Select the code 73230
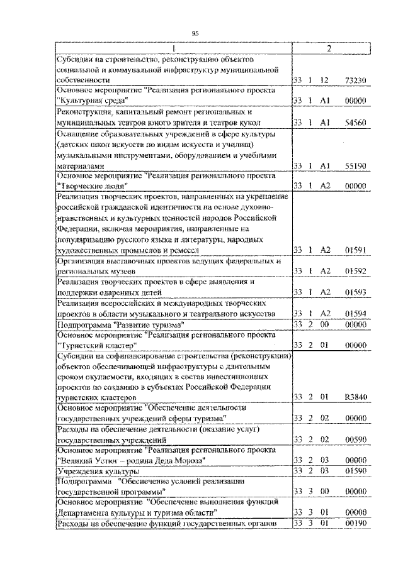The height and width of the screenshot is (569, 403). pyautogui.click(x=356, y=80)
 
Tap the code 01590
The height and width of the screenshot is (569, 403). pyautogui.click(x=356, y=470)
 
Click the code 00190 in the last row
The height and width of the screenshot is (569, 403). pyautogui.click(x=356, y=524)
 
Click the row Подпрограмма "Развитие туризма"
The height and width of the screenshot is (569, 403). pyautogui.click(x=120, y=324)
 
